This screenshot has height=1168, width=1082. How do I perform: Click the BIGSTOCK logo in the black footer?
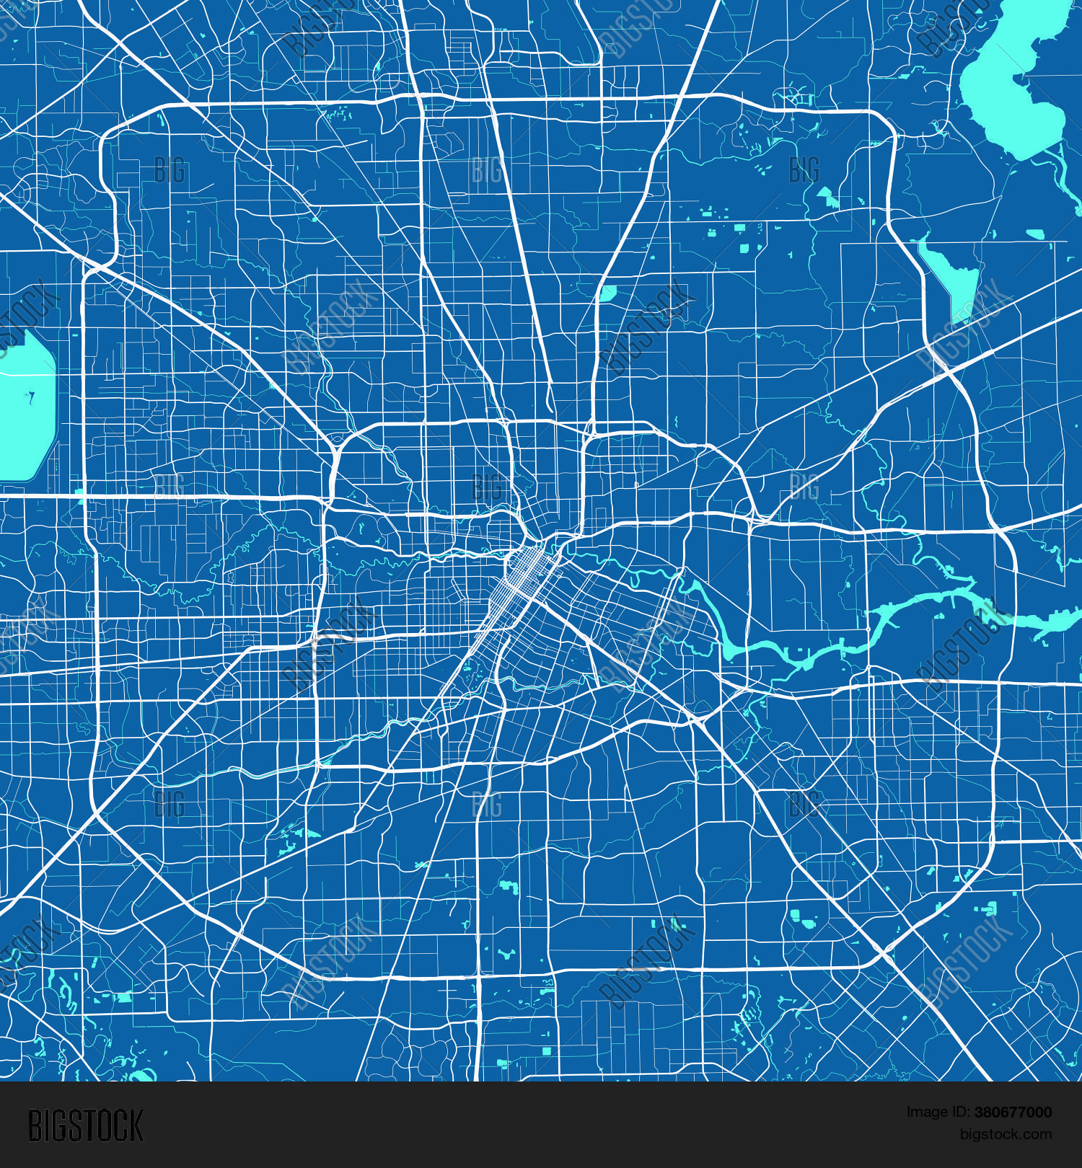[x=86, y=1125]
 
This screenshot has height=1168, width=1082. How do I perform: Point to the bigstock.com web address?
[x=1006, y=1134]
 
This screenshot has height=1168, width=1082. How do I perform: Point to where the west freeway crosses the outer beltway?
[x=85, y=496]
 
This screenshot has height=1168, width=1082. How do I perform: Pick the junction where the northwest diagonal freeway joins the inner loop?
[x=335, y=451]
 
